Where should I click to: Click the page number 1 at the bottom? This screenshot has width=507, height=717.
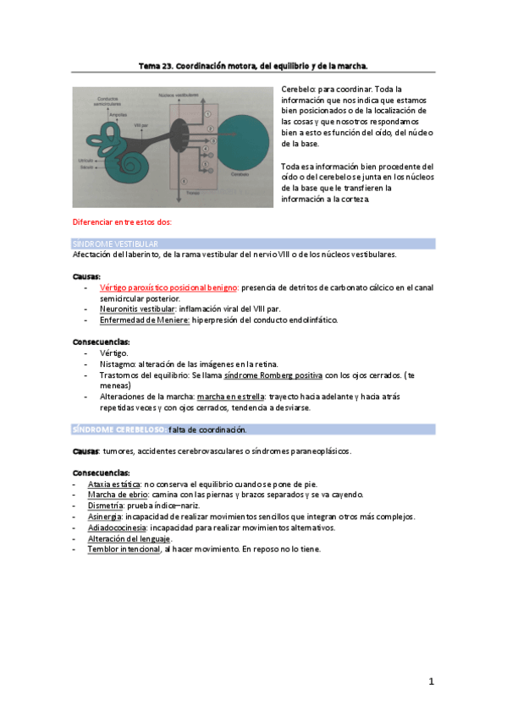(x=431, y=681)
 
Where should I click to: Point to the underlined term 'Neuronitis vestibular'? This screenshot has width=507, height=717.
(x=137, y=309)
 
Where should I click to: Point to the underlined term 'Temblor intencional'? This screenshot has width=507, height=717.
(x=124, y=550)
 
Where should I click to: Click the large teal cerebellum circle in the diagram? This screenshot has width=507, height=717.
(x=245, y=136)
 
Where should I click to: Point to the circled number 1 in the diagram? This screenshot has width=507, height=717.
(x=207, y=113)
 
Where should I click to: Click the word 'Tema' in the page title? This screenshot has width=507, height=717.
(x=150, y=64)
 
